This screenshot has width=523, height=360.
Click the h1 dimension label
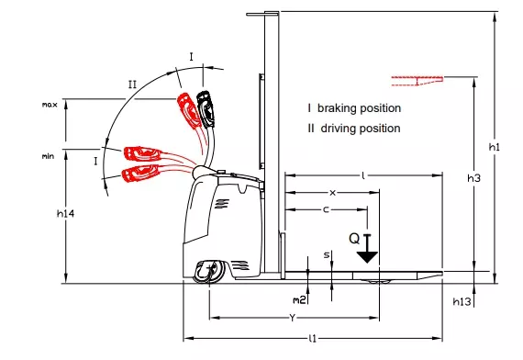tap(495, 147)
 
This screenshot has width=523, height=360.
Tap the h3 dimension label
tap(473, 178)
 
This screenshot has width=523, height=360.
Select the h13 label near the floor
tap(462, 301)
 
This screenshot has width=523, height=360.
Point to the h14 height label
tap(65, 213)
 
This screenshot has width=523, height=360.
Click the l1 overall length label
tap(313, 339)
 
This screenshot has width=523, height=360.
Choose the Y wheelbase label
tap(292, 318)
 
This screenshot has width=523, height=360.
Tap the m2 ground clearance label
tap(299, 300)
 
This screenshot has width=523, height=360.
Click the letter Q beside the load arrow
tap(354, 239)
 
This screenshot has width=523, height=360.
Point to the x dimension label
tap(332, 193)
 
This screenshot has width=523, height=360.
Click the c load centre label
tap(326, 209)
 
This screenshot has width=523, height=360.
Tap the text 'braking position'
tap(359, 108)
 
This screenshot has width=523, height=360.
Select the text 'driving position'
tap(361, 129)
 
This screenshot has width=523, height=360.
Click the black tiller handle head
tap(205, 109)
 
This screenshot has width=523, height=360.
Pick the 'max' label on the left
tap(50, 105)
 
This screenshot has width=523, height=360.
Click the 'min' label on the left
tap(48, 156)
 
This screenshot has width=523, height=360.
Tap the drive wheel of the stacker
tap(209, 271)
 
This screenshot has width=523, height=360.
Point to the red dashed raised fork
tap(417, 81)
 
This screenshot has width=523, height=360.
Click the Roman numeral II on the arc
tap(132, 84)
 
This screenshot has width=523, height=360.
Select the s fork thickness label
tap(327, 255)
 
